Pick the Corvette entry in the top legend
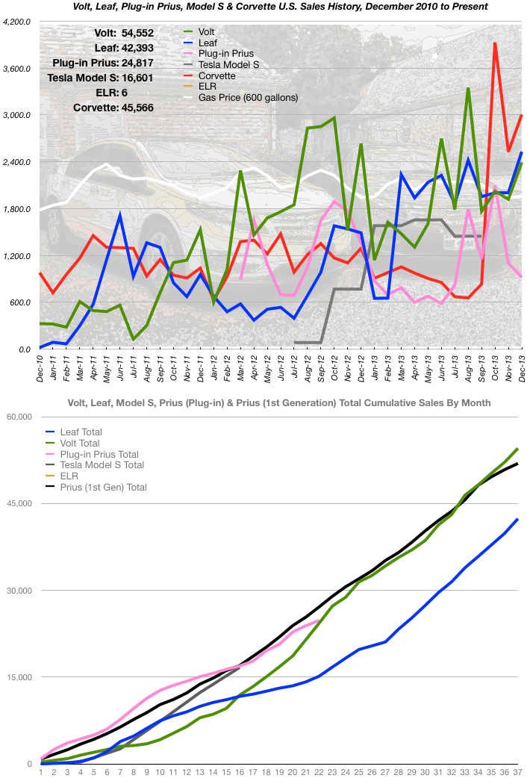[x=217, y=76]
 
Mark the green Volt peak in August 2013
[x=467, y=89]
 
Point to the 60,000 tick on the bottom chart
[x=21, y=417]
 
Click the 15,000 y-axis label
[x=21, y=677]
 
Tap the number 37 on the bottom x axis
[x=518, y=773]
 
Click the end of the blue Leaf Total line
[x=517, y=519]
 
